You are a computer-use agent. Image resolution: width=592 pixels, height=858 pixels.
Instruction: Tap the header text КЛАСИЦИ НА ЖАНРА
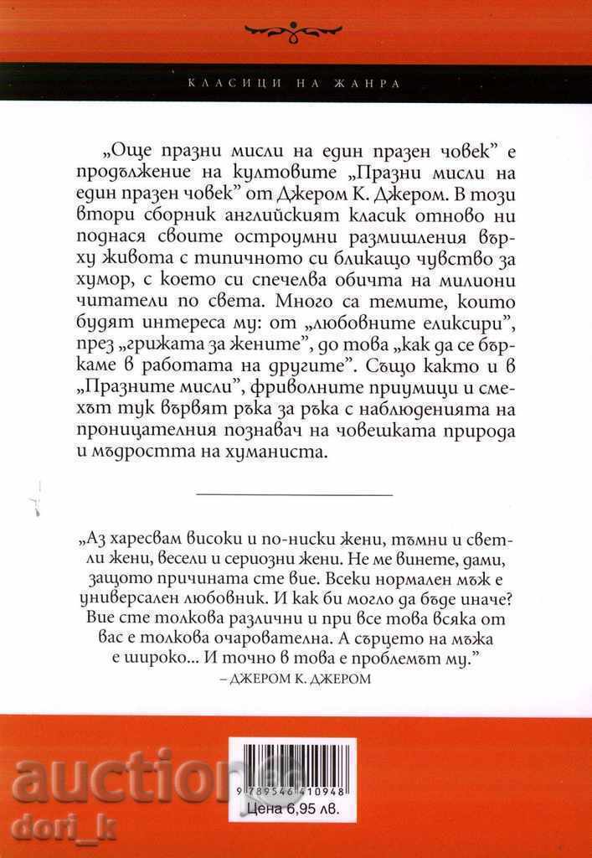tap(296, 84)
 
